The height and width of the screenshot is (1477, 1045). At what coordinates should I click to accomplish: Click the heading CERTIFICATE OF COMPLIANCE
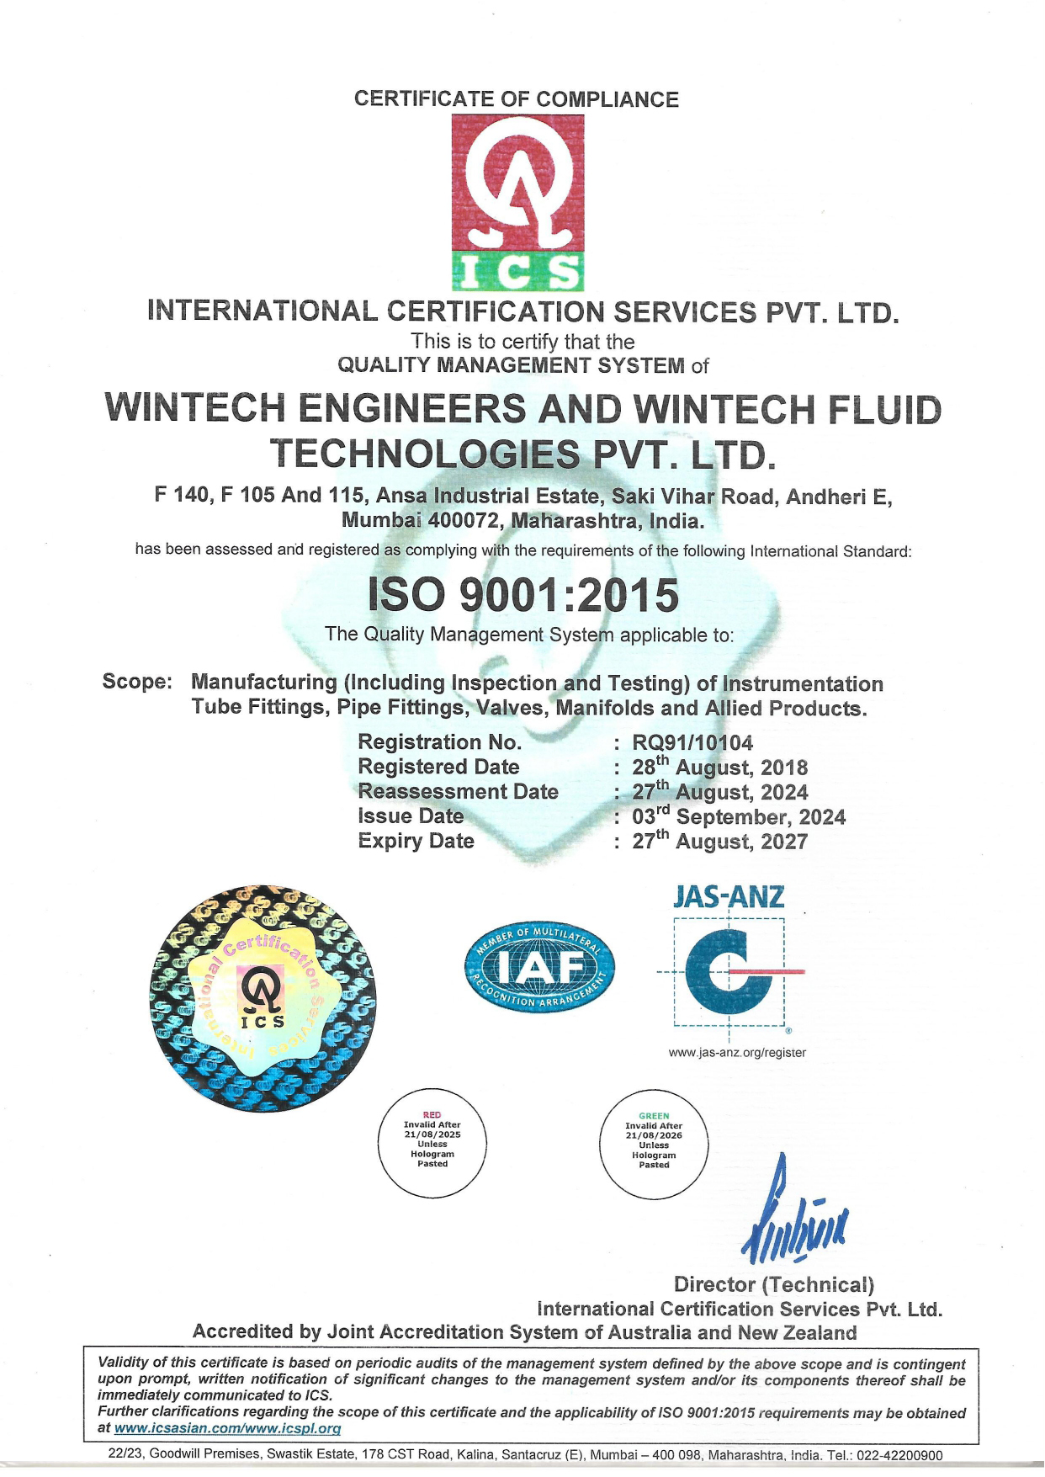click(516, 99)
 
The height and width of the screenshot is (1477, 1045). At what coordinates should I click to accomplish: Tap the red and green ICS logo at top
click(517, 202)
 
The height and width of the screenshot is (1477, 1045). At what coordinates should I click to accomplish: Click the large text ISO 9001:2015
click(523, 595)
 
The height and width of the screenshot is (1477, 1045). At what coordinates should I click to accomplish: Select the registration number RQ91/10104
click(692, 742)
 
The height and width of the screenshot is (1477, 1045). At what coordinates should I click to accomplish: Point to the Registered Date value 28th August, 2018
click(719, 768)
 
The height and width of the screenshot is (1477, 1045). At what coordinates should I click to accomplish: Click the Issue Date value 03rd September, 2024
click(739, 816)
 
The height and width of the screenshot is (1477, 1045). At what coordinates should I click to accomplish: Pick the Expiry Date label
click(416, 841)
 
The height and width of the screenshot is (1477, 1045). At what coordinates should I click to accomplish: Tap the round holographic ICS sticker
click(263, 998)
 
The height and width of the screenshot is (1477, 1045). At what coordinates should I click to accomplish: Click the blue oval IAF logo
click(539, 968)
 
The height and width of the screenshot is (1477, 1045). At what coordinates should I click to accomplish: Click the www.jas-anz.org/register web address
click(737, 1052)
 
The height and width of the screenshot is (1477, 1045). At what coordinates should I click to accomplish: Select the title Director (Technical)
click(773, 1284)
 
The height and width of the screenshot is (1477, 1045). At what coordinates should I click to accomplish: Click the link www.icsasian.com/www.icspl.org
click(227, 1428)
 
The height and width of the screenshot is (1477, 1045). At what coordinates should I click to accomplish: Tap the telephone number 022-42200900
click(899, 1455)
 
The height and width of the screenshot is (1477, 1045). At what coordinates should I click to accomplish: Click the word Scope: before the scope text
click(137, 682)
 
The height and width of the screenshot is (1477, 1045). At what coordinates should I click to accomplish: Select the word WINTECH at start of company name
click(194, 409)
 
